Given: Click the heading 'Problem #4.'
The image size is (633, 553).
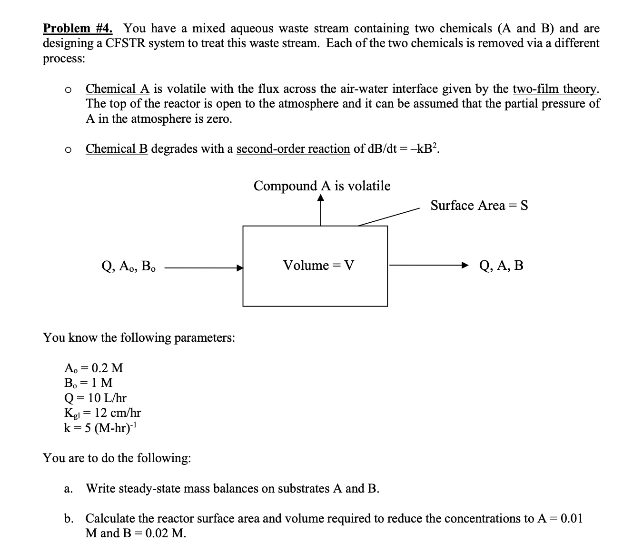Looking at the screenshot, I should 78,29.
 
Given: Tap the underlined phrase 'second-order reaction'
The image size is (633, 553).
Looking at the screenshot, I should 293,149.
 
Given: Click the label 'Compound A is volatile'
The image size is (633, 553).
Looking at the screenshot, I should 322,186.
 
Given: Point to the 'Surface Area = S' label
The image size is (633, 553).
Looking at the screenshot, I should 479,206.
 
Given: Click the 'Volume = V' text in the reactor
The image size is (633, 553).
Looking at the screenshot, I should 318,266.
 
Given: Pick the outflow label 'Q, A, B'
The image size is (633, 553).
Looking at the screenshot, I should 501,266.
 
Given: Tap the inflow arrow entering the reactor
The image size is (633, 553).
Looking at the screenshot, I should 204,268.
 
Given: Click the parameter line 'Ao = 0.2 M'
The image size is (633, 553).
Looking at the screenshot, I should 93,368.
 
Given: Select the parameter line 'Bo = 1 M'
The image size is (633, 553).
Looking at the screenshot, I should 88,383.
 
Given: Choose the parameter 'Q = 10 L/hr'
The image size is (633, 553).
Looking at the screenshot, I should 95,398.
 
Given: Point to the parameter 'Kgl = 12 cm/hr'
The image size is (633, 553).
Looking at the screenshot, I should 102,413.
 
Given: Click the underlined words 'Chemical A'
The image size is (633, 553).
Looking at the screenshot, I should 118,89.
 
